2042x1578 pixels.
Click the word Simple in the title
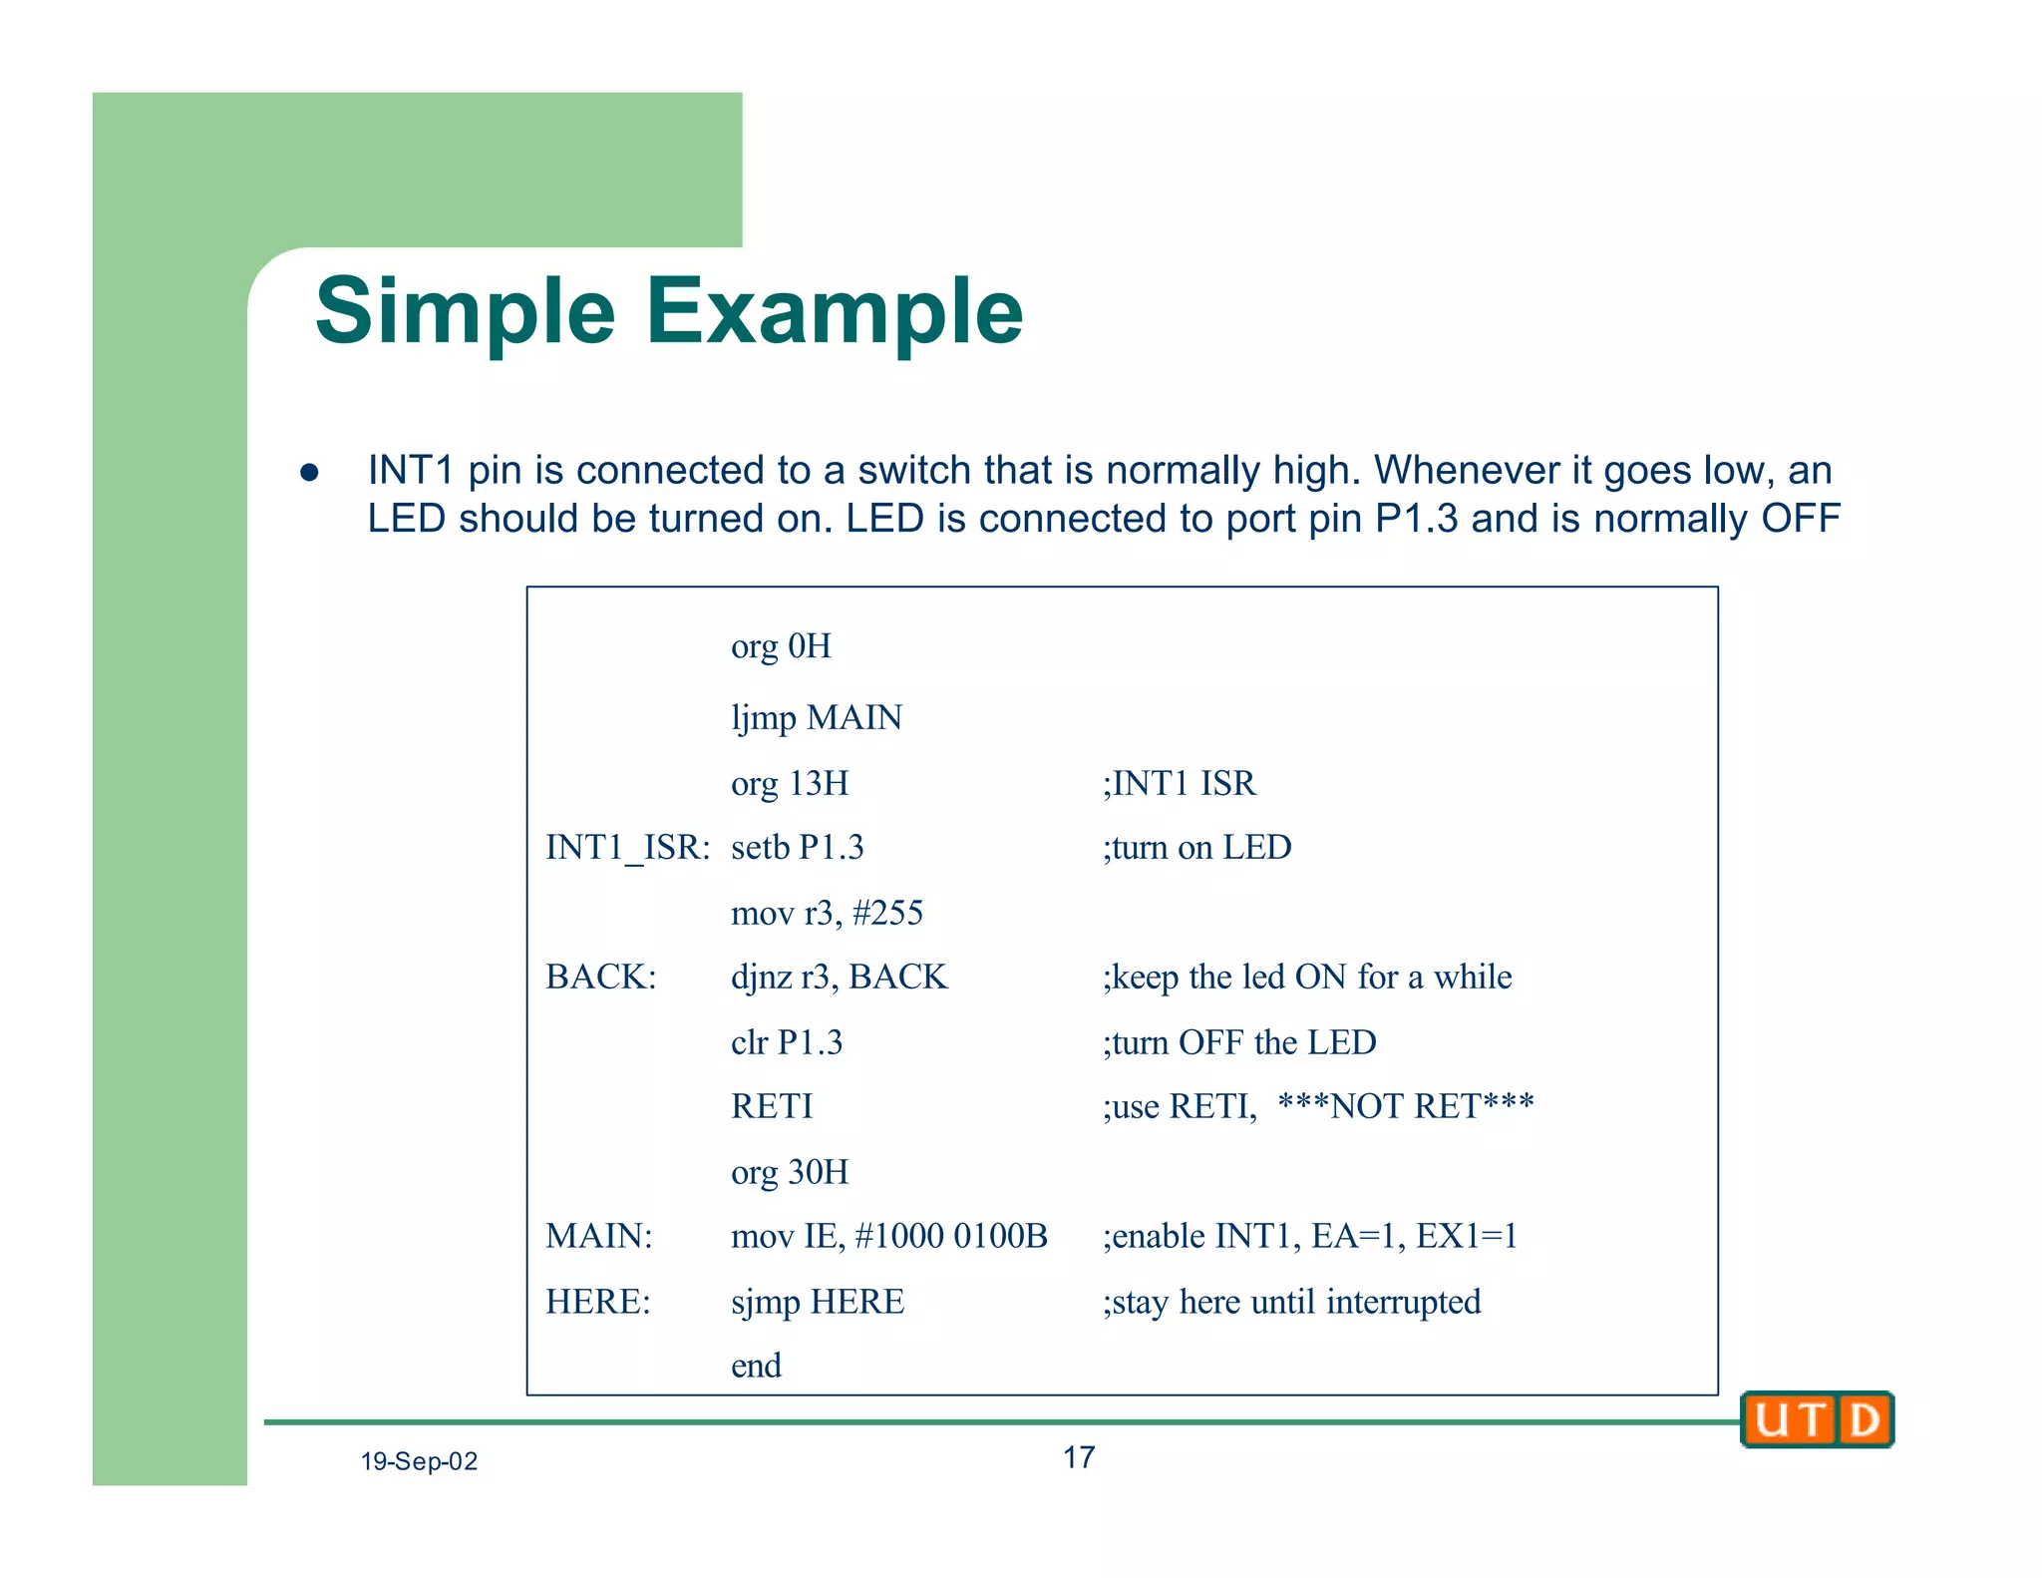click(x=465, y=312)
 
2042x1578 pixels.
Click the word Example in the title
click(x=835, y=312)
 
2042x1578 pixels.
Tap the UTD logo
click(x=1817, y=1418)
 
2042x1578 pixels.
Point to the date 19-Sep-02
click(x=419, y=1461)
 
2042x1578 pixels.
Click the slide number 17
click(x=1079, y=1457)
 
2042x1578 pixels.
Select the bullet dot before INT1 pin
click(x=309, y=472)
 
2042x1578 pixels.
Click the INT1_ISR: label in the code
click(x=627, y=848)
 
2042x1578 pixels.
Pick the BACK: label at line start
click(x=600, y=977)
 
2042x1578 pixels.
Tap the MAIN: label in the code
click(x=598, y=1236)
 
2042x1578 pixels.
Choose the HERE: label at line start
click(x=597, y=1302)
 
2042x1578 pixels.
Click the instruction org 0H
click(x=781, y=646)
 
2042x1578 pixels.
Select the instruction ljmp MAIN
click(x=817, y=717)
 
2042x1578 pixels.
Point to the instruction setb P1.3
click(x=797, y=848)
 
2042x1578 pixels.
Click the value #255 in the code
click(x=887, y=913)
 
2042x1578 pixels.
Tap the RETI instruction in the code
click(x=772, y=1106)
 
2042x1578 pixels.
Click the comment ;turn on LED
click(x=1196, y=848)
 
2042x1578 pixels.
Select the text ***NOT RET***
click(x=1406, y=1106)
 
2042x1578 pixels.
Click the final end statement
click(x=756, y=1366)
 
